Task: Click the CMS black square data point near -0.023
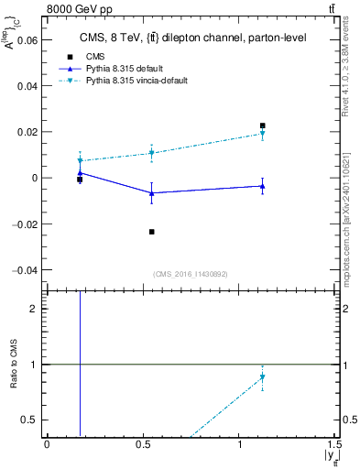(152, 232)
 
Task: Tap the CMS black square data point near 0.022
(263, 125)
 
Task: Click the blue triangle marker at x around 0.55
(152, 193)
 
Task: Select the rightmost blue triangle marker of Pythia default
(263, 186)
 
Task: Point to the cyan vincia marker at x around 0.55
(152, 153)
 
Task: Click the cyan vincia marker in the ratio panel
(263, 377)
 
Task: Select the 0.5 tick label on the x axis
(144, 443)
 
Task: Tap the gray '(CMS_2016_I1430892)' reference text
(191, 274)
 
